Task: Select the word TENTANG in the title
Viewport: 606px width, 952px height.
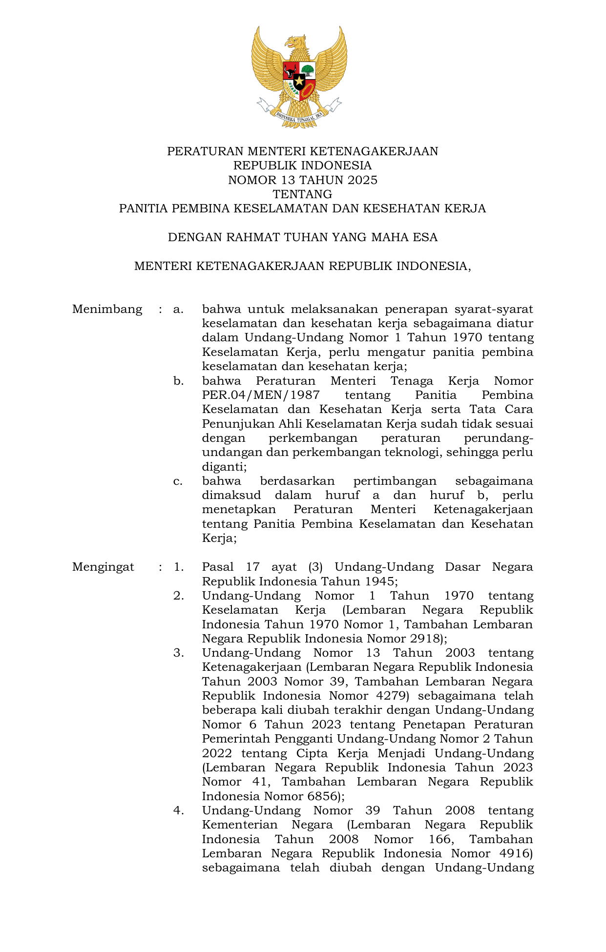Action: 302,194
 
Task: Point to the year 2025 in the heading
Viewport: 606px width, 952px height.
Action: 362,180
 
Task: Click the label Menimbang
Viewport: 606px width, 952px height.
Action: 107,309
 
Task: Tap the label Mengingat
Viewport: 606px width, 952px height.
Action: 103,567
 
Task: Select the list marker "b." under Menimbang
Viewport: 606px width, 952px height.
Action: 178,381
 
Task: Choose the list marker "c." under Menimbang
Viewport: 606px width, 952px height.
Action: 178,481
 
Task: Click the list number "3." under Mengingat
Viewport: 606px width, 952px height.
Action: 178,653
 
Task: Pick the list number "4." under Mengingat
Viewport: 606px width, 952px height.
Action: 178,810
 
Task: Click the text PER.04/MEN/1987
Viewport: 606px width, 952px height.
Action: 261,395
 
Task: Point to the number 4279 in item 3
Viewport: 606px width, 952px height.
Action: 392,696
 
